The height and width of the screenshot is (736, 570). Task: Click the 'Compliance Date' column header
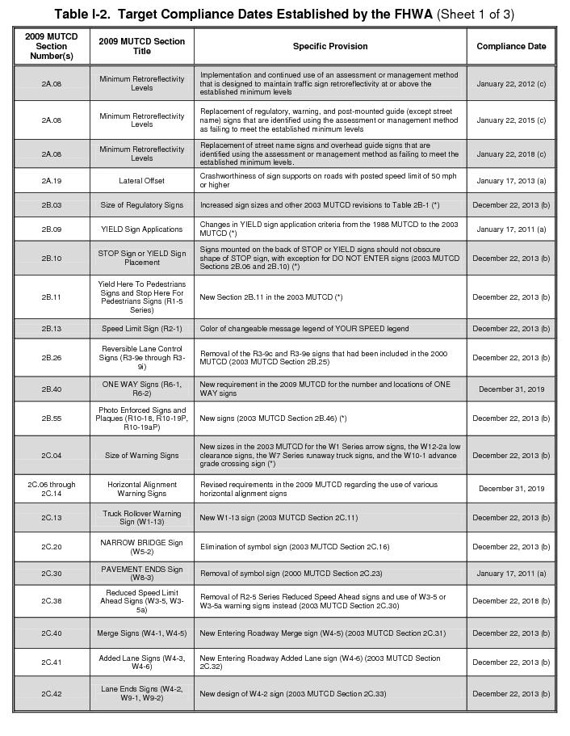511,46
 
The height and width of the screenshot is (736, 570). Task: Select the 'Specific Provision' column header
330,46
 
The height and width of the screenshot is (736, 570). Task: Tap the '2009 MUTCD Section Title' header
142,46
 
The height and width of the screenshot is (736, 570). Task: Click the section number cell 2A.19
52,181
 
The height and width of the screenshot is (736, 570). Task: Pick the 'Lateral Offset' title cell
142,181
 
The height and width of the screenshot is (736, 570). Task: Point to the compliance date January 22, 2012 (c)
511,83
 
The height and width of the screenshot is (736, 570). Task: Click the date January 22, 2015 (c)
511,120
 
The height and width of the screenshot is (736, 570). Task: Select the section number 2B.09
52,229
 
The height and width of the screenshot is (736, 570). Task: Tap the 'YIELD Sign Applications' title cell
142,229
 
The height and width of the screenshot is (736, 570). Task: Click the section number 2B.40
52,389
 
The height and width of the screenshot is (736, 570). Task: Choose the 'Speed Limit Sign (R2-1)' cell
142,329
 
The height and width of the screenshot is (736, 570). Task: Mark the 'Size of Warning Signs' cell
142,456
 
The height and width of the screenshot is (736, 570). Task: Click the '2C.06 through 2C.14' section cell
52,489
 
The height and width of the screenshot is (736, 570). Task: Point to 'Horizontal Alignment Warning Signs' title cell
142,489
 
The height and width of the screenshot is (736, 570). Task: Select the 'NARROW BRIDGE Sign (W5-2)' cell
142,547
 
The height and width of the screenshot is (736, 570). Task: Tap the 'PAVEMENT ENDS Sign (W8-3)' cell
142,574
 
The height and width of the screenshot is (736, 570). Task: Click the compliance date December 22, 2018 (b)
511,601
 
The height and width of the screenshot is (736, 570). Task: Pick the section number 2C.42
52,694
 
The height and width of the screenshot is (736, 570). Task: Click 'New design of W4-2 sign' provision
293,694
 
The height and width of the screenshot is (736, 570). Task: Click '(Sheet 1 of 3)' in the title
475,15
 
